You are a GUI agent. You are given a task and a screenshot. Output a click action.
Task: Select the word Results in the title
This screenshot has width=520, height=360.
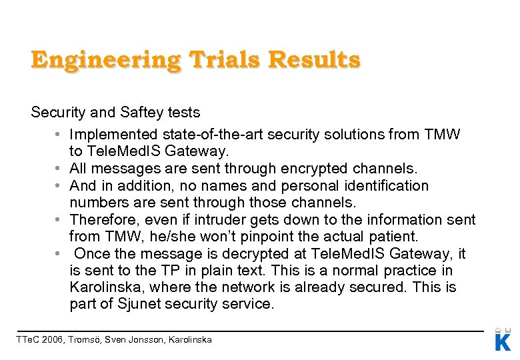click(314, 60)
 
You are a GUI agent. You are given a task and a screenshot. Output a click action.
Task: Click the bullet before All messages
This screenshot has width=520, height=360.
click(60, 169)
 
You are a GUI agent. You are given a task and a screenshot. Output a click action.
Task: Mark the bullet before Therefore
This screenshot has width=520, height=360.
click(60, 219)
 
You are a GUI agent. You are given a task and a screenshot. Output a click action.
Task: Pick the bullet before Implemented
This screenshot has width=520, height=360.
click(60, 135)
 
